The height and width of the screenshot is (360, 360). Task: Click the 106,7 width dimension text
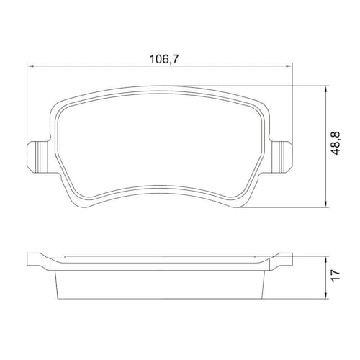[164, 59]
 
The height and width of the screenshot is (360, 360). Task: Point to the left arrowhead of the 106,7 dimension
[30, 66]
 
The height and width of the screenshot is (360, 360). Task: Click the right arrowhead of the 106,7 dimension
[289, 66]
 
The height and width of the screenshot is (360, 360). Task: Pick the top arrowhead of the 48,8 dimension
[325, 90]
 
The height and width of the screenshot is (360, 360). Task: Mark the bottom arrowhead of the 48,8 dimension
[325, 204]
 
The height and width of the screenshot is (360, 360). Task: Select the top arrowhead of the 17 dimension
[325, 260]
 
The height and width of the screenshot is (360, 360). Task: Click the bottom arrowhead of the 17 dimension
[325, 295]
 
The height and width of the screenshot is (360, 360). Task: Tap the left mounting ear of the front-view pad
[38, 157]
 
